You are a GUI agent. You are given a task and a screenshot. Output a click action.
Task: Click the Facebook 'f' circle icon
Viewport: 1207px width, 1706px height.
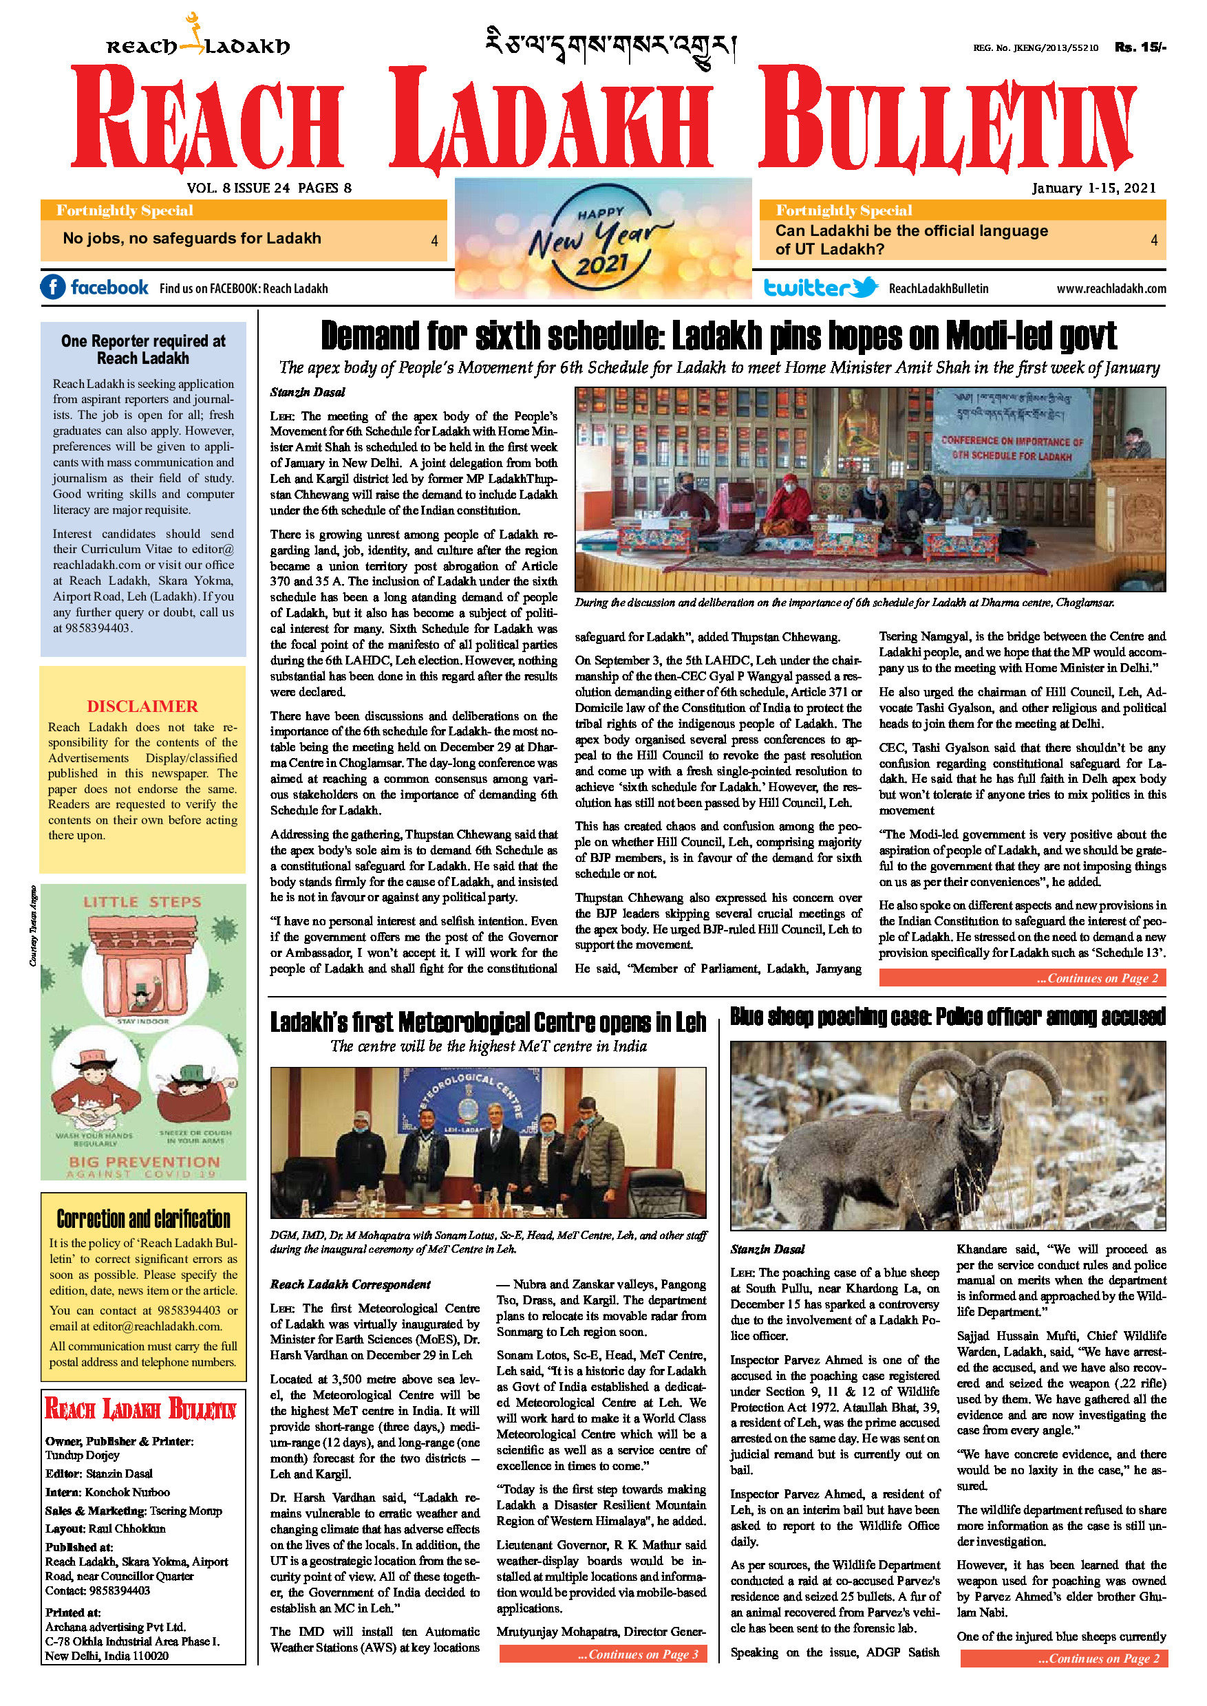pos(53,287)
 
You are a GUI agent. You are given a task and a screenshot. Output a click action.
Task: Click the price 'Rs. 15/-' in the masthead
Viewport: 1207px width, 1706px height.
pos(1140,47)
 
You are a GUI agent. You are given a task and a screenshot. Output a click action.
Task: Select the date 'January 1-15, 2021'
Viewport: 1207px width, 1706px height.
pos(1093,188)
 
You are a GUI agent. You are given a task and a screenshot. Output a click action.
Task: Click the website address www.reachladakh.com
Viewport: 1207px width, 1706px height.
pos(1111,288)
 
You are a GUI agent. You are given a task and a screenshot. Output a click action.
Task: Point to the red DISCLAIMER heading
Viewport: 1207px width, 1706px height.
pos(142,706)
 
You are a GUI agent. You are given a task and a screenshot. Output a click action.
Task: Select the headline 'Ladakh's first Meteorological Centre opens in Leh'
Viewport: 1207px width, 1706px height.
pos(488,1022)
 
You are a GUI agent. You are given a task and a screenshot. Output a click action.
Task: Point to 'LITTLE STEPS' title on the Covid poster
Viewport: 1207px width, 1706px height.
pos(142,902)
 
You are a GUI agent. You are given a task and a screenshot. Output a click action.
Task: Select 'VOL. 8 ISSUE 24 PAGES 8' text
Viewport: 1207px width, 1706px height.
pos(269,188)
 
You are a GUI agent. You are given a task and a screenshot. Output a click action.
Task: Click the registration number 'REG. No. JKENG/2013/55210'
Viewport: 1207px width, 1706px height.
pos(1036,47)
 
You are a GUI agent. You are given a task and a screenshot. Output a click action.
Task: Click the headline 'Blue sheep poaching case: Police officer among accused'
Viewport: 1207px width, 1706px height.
pos(948,1017)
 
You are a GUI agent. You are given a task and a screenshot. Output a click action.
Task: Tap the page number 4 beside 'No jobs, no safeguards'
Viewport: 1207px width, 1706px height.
pos(434,241)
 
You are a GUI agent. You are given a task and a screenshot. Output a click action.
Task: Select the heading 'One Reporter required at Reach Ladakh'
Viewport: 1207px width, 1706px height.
pos(142,349)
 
